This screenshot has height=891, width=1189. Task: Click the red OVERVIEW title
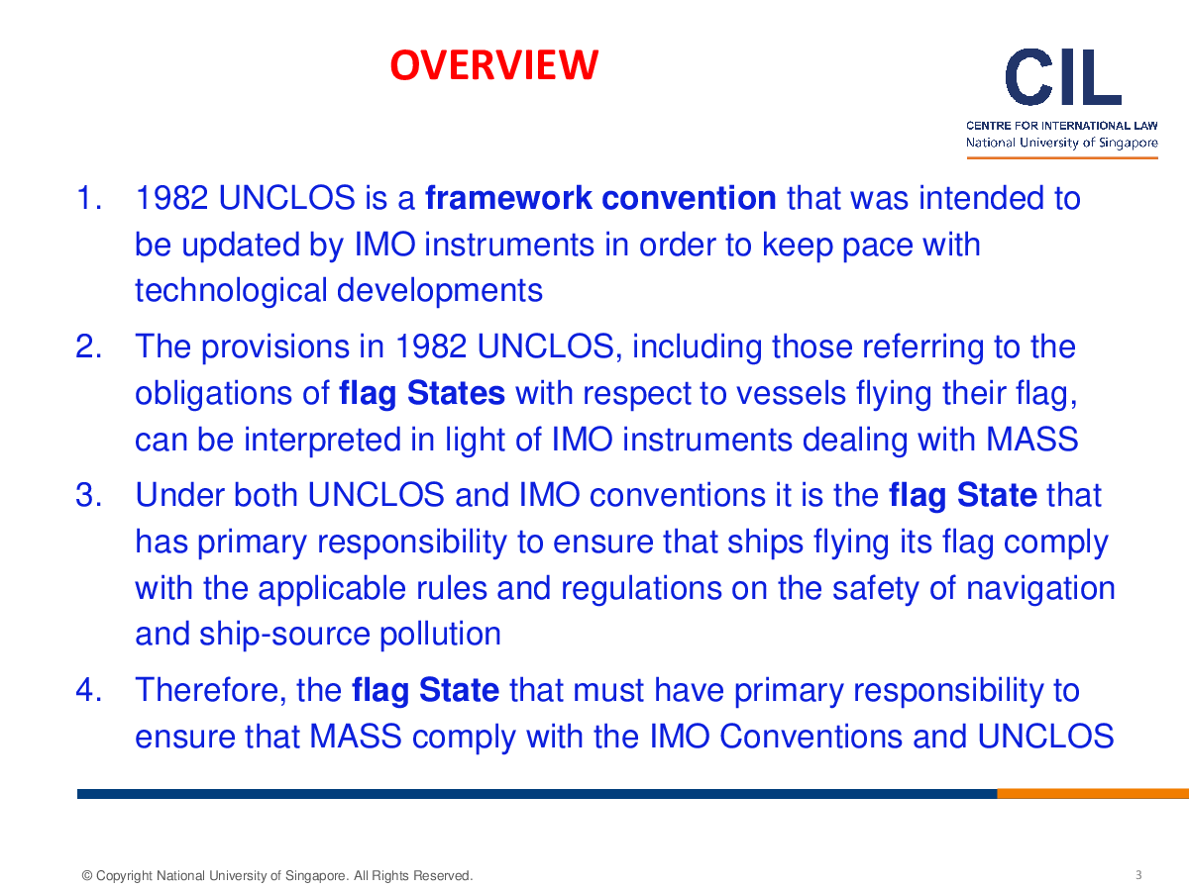(494, 65)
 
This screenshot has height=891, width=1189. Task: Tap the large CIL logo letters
(1063, 77)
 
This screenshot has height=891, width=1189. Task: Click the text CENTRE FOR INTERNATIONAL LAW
(1062, 126)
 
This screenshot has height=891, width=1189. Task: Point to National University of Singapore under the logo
(1062, 143)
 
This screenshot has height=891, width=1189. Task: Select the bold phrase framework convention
(600, 197)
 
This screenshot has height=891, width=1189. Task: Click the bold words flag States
(422, 393)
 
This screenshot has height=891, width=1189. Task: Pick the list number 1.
(88, 198)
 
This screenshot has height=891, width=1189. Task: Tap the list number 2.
(88, 346)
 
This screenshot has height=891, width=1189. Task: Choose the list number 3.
(88, 495)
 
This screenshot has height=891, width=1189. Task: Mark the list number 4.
(88, 690)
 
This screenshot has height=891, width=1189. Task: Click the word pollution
(440, 635)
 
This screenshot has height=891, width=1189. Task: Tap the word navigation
(1040, 589)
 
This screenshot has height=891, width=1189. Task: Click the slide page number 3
(1138, 875)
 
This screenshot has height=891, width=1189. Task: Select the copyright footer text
(277, 875)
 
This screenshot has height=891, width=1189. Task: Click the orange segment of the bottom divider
(1093, 794)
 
